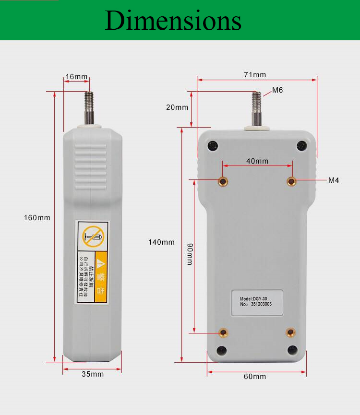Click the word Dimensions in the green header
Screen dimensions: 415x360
point(173,21)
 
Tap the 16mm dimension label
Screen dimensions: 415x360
point(77,77)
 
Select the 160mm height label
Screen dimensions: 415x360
point(37,218)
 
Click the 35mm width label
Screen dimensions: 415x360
point(92,374)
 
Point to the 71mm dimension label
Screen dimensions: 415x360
point(255,75)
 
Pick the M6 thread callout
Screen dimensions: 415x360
point(277,90)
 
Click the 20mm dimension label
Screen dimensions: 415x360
point(177,107)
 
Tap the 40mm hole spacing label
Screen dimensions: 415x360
point(257,161)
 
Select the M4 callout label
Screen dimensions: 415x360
point(334,180)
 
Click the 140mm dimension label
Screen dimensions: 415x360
point(161,242)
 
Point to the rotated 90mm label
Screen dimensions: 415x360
point(190,254)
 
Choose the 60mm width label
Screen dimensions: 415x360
point(255,377)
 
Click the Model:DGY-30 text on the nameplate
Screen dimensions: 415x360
point(253,298)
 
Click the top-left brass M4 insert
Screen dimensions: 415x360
point(223,181)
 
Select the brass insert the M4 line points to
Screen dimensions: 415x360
point(291,181)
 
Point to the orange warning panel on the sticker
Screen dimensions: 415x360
point(101,277)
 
